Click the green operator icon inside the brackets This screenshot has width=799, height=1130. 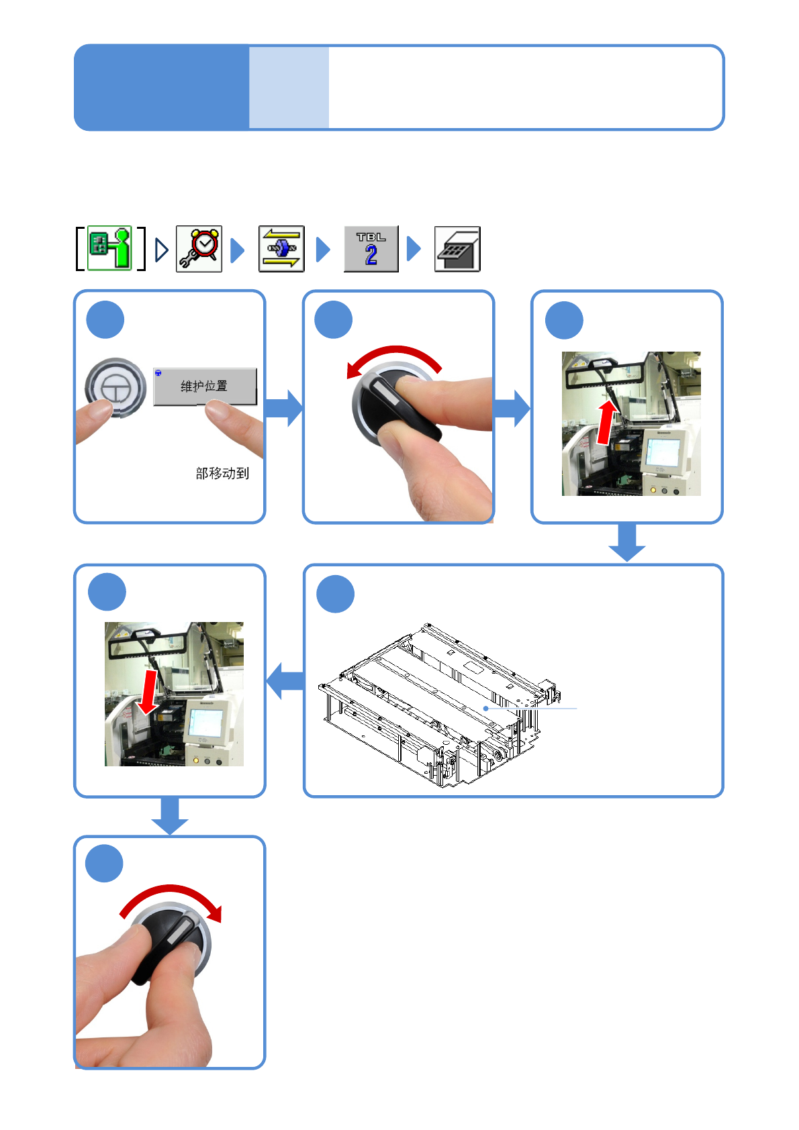(x=109, y=248)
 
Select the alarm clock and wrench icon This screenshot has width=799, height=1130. (x=199, y=249)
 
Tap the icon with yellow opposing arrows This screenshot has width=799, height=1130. (x=281, y=249)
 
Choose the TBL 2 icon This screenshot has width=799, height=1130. (x=371, y=249)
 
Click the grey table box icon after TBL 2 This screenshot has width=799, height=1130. (x=457, y=249)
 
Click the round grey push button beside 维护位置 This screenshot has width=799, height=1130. (x=115, y=388)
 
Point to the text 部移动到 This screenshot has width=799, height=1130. (x=222, y=473)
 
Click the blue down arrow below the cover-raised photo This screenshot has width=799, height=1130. (x=626, y=542)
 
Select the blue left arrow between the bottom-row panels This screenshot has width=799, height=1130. (x=285, y=681)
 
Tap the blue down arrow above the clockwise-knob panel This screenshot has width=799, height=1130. (x=170, y=816)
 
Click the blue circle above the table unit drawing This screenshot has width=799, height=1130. (x=335, y=594)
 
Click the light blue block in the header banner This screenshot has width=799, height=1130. (x=289, y=87)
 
